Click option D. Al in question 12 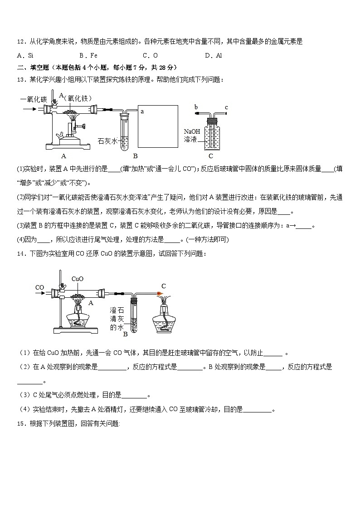[x=213, y=56]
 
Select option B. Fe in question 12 [x=88, y=56]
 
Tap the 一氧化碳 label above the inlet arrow [x=33, y=99]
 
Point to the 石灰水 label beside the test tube [x=107, y=141]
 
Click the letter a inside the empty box [x=142, y=111]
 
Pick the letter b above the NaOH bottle [x=196, y=107]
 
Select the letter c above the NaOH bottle [x=226, y=107]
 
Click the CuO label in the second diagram [x=78, y=279]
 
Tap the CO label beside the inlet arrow [x=40, y=287]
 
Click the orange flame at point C [x=160, y=294]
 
